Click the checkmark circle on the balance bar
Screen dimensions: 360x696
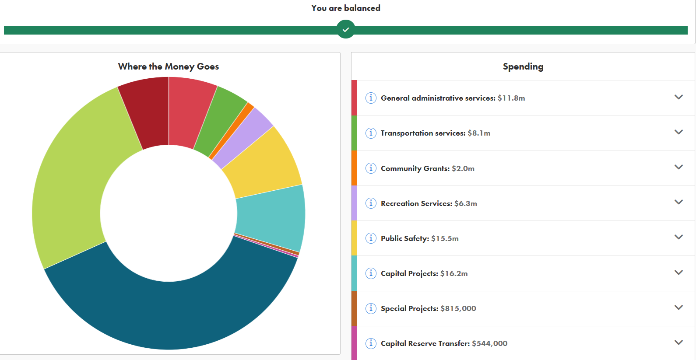point(346,30)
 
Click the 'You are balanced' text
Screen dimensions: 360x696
point(345,8)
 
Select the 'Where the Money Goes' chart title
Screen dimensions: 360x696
point(168,66)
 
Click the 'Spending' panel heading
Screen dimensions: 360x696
point(523,66)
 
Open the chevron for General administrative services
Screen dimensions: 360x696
point(678,97)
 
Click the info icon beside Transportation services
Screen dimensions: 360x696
point(371,133)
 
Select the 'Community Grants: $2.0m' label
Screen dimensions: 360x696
point(427,168)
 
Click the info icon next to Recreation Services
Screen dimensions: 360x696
point(371,203)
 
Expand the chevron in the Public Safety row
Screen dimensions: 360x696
point(678,237)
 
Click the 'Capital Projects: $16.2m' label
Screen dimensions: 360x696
point(424,273)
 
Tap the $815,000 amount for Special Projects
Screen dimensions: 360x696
point(458,308)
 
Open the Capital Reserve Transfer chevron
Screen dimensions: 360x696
point(678,343)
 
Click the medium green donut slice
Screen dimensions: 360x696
point(219,120)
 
